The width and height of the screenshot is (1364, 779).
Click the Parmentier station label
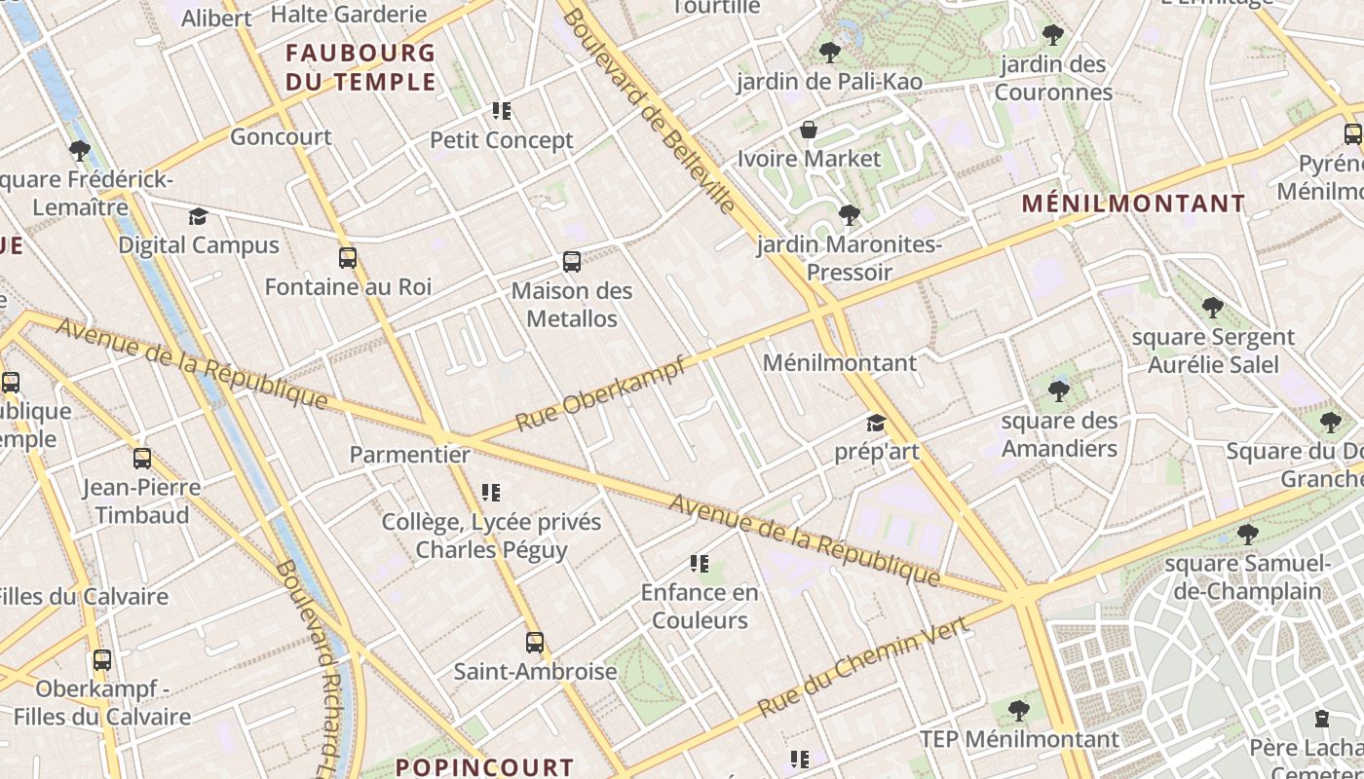[x=409, y=455]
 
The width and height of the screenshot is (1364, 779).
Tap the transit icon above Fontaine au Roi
[x=348, y=258]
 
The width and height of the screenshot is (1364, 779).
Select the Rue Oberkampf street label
[x=600, y=393]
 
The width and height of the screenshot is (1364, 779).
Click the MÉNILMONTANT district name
[x=1134, y=204]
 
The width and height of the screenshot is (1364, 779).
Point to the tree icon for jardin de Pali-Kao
[x=829, y=52]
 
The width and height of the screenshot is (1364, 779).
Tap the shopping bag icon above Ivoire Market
[x=808, y=130]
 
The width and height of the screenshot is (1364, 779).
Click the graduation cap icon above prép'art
[x=876, y=424]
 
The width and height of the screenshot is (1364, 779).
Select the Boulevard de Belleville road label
[x=648, y=111]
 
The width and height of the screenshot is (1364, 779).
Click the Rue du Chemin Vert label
[x=863, y=667]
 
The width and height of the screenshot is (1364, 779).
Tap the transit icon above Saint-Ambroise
[x=534, y=643]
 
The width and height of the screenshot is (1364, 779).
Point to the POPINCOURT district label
[x=484, y=767]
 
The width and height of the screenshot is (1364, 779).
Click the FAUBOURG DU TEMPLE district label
[x=360, y=66]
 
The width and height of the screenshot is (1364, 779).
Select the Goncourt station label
[x=281, y=137]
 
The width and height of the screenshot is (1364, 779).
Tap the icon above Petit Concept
[x=502, y=111]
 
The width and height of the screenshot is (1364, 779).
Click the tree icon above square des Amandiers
[x=1059, y=391]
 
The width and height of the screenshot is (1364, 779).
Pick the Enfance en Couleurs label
[x=699, y=606]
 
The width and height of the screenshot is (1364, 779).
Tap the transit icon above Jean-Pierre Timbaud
[x=142, y=459]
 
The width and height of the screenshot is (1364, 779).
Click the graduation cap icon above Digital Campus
[x=199, y=216]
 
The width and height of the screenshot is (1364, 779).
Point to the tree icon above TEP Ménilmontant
[x=1019, y=711]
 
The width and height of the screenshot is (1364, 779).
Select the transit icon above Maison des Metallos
[x=572, y=262]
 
